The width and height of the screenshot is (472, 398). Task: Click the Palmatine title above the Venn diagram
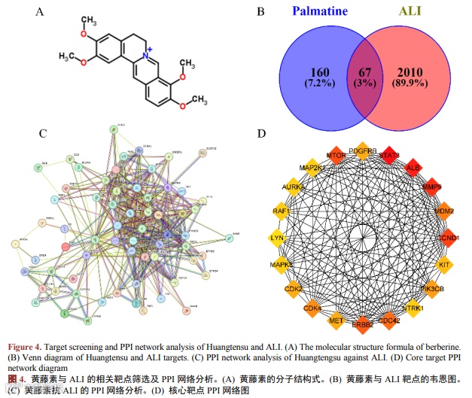point(318,13)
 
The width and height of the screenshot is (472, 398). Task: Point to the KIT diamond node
point(444,265)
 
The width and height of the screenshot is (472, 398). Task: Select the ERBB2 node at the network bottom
point(363,324)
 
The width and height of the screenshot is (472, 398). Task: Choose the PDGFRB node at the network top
point(362,149)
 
